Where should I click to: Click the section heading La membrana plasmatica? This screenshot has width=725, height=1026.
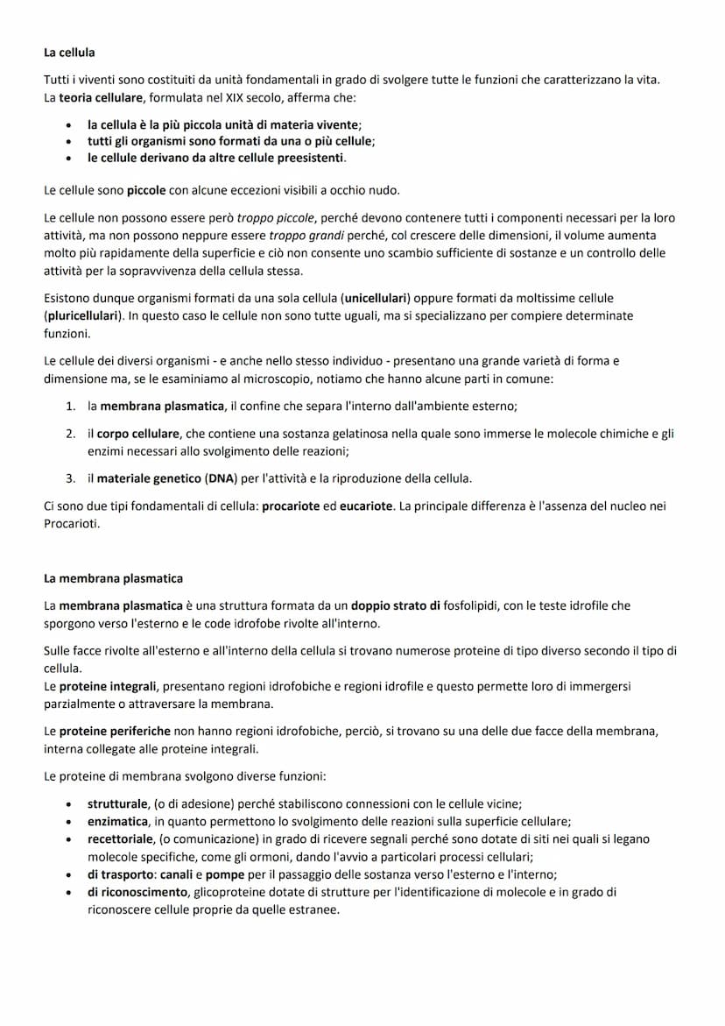pos(113,578)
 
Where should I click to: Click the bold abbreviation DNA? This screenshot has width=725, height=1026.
pos(222,478)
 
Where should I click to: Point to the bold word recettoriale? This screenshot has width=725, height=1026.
pos(122,838)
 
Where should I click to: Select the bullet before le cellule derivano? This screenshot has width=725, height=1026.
pos(68,158)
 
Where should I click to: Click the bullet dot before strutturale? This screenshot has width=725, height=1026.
pos(68,803)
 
